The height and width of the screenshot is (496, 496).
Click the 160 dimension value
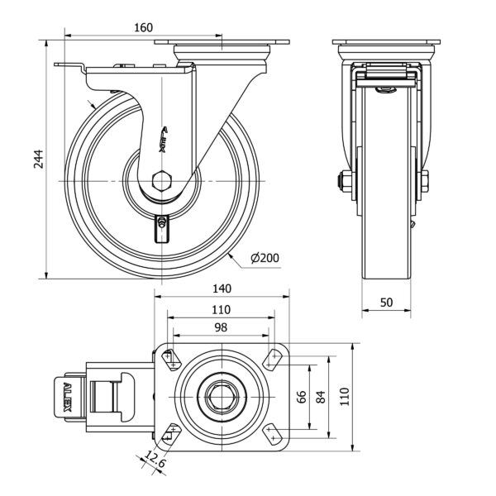click(143, 27)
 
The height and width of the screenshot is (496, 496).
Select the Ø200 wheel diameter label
click(264, 259)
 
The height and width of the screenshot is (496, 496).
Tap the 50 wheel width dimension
click(386, 302)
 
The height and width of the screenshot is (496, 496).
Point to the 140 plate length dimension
click(222, 289)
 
